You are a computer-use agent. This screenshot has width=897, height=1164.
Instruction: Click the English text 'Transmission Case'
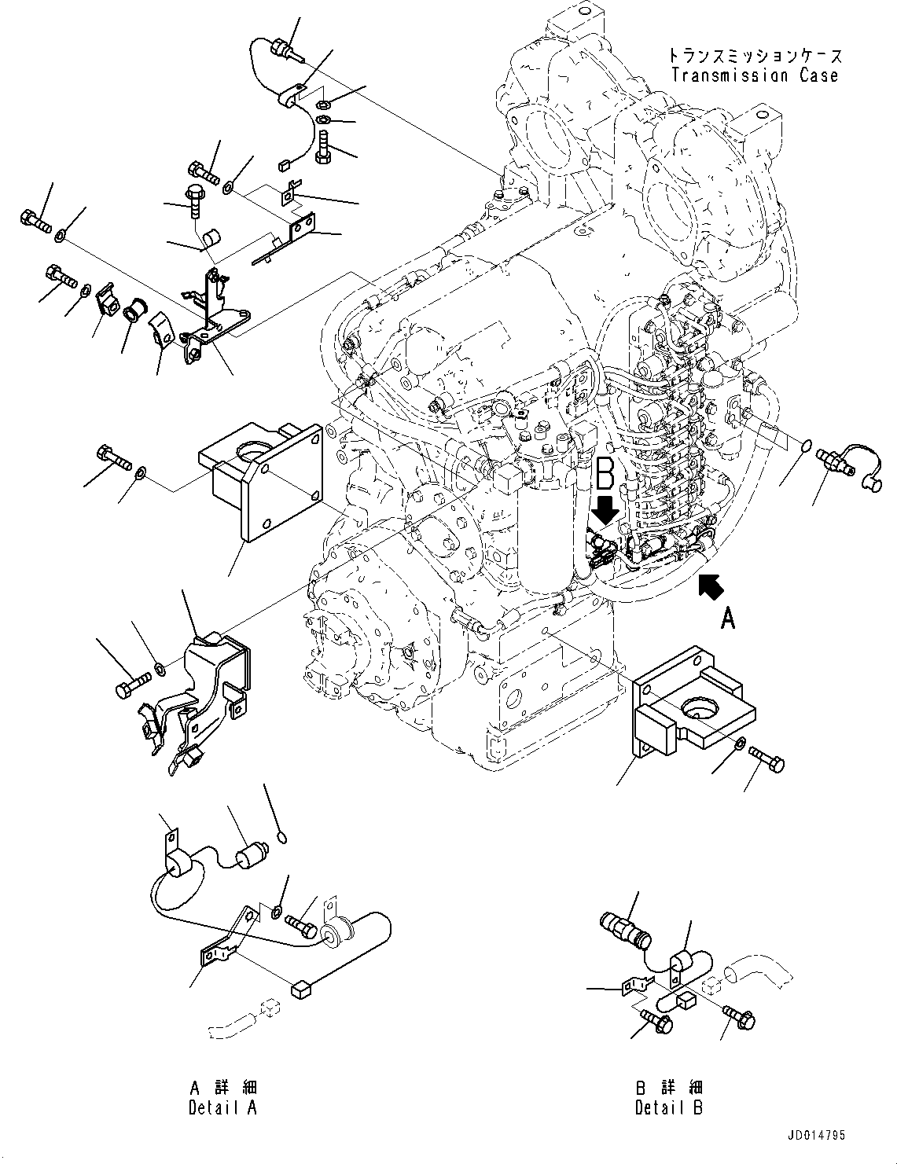[755, 75]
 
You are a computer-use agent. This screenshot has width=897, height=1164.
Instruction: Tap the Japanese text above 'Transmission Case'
[755, 56]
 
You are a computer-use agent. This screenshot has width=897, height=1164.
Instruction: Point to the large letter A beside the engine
[729, 620]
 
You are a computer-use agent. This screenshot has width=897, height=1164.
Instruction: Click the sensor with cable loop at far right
[849, 461]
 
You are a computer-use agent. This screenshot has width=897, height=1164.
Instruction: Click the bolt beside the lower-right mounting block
[766, 758]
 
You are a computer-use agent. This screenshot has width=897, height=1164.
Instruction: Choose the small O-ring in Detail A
[281, 838]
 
